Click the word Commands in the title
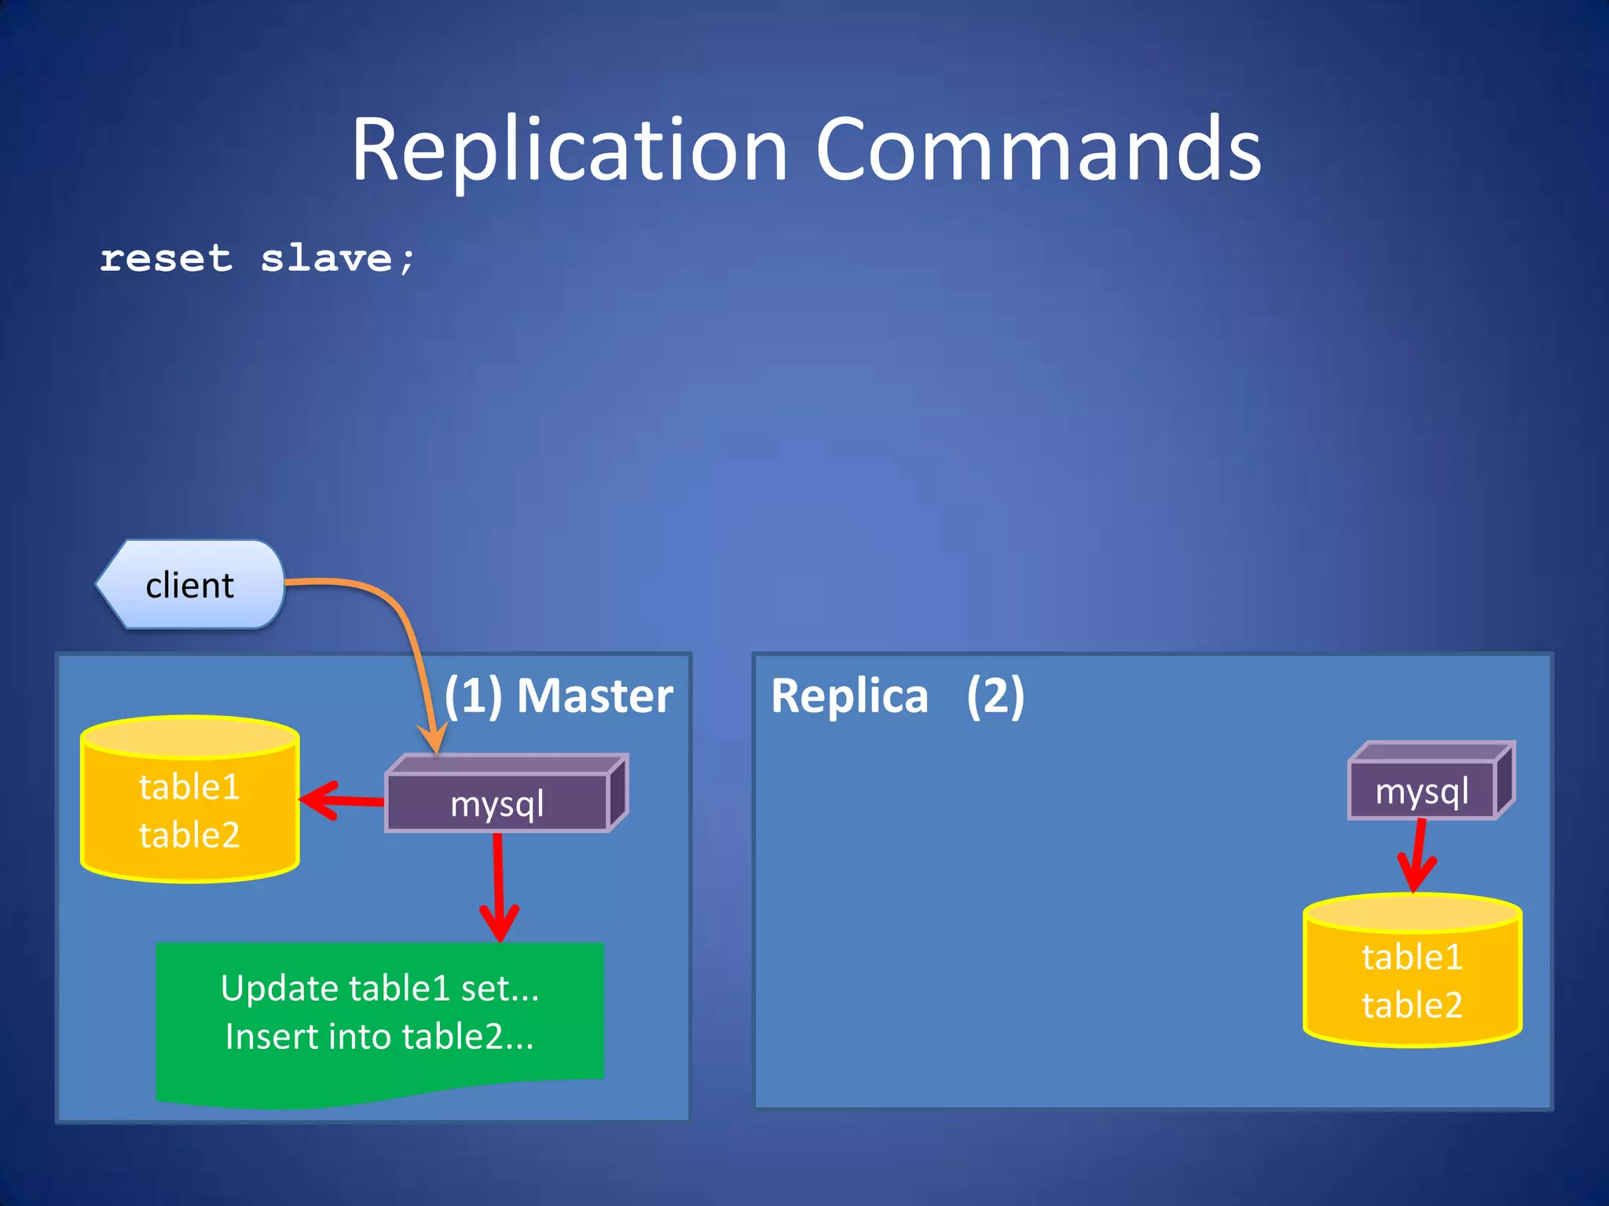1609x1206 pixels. pyautogui.click(x=1037, y=149)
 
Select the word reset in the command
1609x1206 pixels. pyautogui.click(x=167, y=259)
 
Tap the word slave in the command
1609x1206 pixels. pyautogui.click(x=326, y=259)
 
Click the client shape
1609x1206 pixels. pyautogui.click(x=189, y=585)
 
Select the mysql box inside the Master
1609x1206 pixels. pyautogui.click(x=497, y=803)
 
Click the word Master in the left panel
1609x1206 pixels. pyautogui.click(x=595, y=696)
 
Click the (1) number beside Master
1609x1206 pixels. pyautogui.click(x=473, y=696)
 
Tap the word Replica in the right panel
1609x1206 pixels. pyautogui.click(x=849, y=696)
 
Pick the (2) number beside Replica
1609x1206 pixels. pyautogui.click(x=995, y=696)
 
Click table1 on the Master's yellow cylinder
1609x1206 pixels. pyautogui.click(x=189, y=787)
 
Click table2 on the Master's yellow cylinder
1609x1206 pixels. pyautogui.click(x=189, y=835)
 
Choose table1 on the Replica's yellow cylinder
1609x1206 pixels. pyautogui.click(x=1412, y=957)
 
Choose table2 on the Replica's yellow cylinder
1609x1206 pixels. pyautogui.click(x=1412, y=1005)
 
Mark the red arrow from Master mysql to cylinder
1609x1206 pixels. pyautogui.click(x=342, y=801)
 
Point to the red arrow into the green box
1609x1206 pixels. pyautogui.click(x=498, y=887)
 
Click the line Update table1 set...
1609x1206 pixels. pyautogui.click(x=379, y=988)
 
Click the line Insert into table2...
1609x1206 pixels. pyautogui.click(x=379, y=1036)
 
